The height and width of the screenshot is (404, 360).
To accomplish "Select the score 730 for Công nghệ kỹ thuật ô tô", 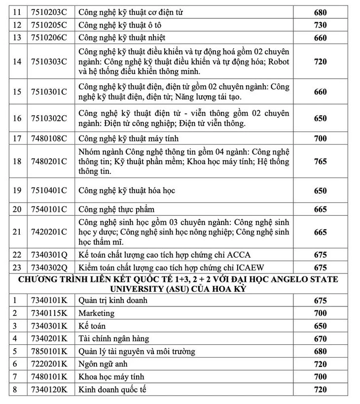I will tap(320, 25).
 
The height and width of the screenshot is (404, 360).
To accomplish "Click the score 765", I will tap(320, 162).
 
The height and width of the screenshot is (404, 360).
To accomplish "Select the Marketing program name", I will tap(96, 313).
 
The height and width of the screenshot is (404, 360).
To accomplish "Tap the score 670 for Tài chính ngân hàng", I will tap(320, 339).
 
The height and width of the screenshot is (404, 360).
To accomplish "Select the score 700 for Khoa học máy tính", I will tap(320, 377).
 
